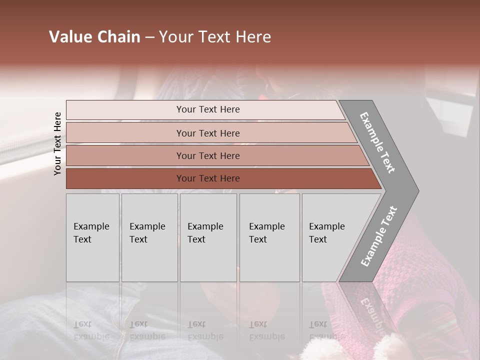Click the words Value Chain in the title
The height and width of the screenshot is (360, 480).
94,37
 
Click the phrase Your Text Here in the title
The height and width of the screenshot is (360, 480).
215,37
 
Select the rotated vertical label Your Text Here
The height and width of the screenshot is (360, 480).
58,143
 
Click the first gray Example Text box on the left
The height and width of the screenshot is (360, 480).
92,260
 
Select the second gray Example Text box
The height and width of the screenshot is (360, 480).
149,260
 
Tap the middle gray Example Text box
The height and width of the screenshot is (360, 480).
208,260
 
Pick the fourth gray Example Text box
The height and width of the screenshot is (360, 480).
269,260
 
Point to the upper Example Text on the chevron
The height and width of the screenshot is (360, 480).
377,142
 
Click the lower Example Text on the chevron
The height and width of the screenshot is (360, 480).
379,236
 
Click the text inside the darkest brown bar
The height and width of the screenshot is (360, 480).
208,178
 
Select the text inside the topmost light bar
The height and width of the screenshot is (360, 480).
208,109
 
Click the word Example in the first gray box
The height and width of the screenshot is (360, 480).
91,226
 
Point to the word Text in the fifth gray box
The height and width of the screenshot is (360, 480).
318,239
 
